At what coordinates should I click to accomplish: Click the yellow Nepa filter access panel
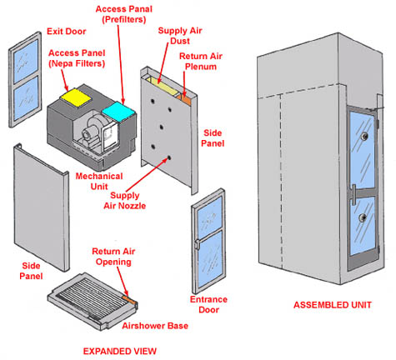pyautogui.click(x=76, y=97)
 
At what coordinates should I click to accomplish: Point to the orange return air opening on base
pyautogui.click(x=129, y=299)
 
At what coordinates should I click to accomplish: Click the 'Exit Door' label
pyautogui.click(x=67, y=31)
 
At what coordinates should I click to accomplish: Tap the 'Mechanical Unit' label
pyautogui.click(x=99, y=181)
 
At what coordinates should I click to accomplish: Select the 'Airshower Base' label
pyautogui.click(x=155, y=326)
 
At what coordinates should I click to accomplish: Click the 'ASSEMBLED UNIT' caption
pyautogui.click(x=333, y=305)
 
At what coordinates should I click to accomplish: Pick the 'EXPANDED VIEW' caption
pyautogui.click(x=120, y=351)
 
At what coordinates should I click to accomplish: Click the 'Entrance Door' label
pyautogui.click(x=208, y=304)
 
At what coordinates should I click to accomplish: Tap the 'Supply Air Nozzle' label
pyautogui.click(x=125, y=200)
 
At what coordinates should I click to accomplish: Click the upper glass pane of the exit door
pyautogui.click(x=26, y=61)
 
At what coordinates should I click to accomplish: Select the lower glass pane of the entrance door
pyautogui.click(x=212, y=259)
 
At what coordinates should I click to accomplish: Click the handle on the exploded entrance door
pyautogui.click(x=197, y=244)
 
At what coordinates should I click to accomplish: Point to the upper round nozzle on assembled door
pyautogui.click(x=363, y=136)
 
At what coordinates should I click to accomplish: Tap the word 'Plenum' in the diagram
pyautogui.click(x=201, y=67)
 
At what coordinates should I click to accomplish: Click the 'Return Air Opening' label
pyautogui.click(x=113, y=257)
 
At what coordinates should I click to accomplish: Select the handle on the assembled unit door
pyautogui.click(x=353, y=194)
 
